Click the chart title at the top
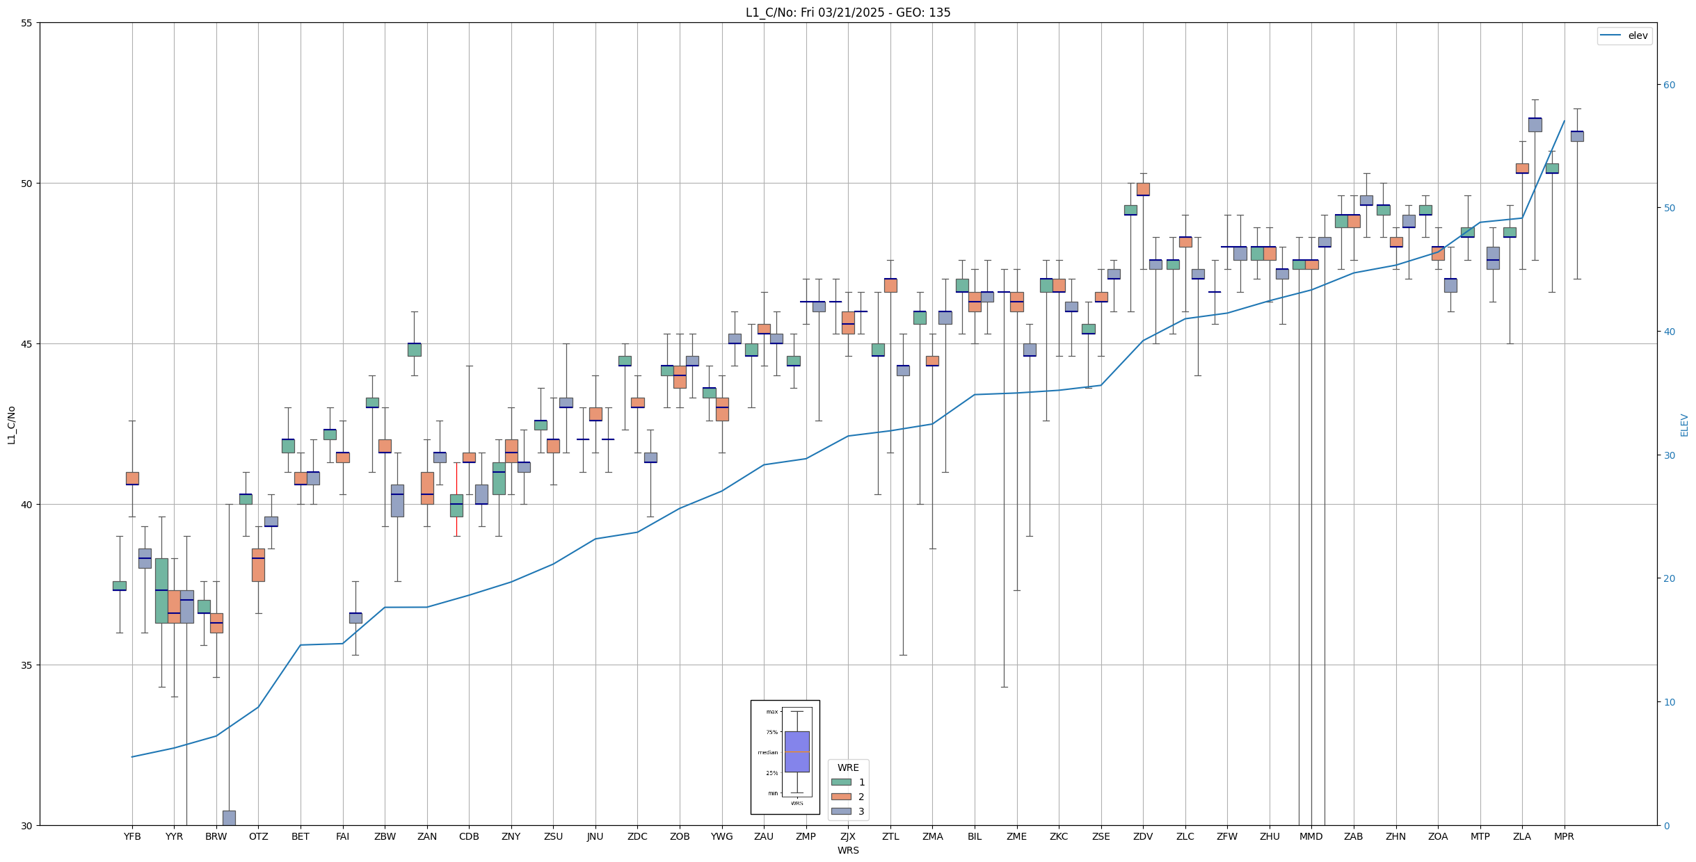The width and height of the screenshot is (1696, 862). coord(847,13)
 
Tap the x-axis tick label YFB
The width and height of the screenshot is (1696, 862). coord(132,836)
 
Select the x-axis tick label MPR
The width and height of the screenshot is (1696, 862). coord(1564,836)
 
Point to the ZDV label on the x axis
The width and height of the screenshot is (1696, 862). coord(1143,836)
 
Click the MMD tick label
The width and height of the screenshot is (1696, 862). coord(1311,836)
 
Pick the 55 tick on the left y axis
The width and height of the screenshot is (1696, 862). coord(27,23)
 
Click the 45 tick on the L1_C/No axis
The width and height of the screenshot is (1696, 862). coord(27,344)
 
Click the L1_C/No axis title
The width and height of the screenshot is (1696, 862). coord(11,424)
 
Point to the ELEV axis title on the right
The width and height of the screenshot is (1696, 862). coord(1684,425)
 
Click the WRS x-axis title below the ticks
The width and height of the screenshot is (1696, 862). coord(847,850)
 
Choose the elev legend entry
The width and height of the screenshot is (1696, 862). coord(1624,35)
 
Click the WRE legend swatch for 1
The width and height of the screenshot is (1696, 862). coord(841,782)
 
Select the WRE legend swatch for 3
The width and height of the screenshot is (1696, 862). coord(841,811)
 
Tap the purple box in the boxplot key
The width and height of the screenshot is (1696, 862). coord(797,751)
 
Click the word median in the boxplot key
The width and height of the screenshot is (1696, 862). coord(768,752)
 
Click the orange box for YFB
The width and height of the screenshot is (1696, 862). coord(132,478)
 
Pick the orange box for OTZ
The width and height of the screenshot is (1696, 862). coord(258,564)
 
